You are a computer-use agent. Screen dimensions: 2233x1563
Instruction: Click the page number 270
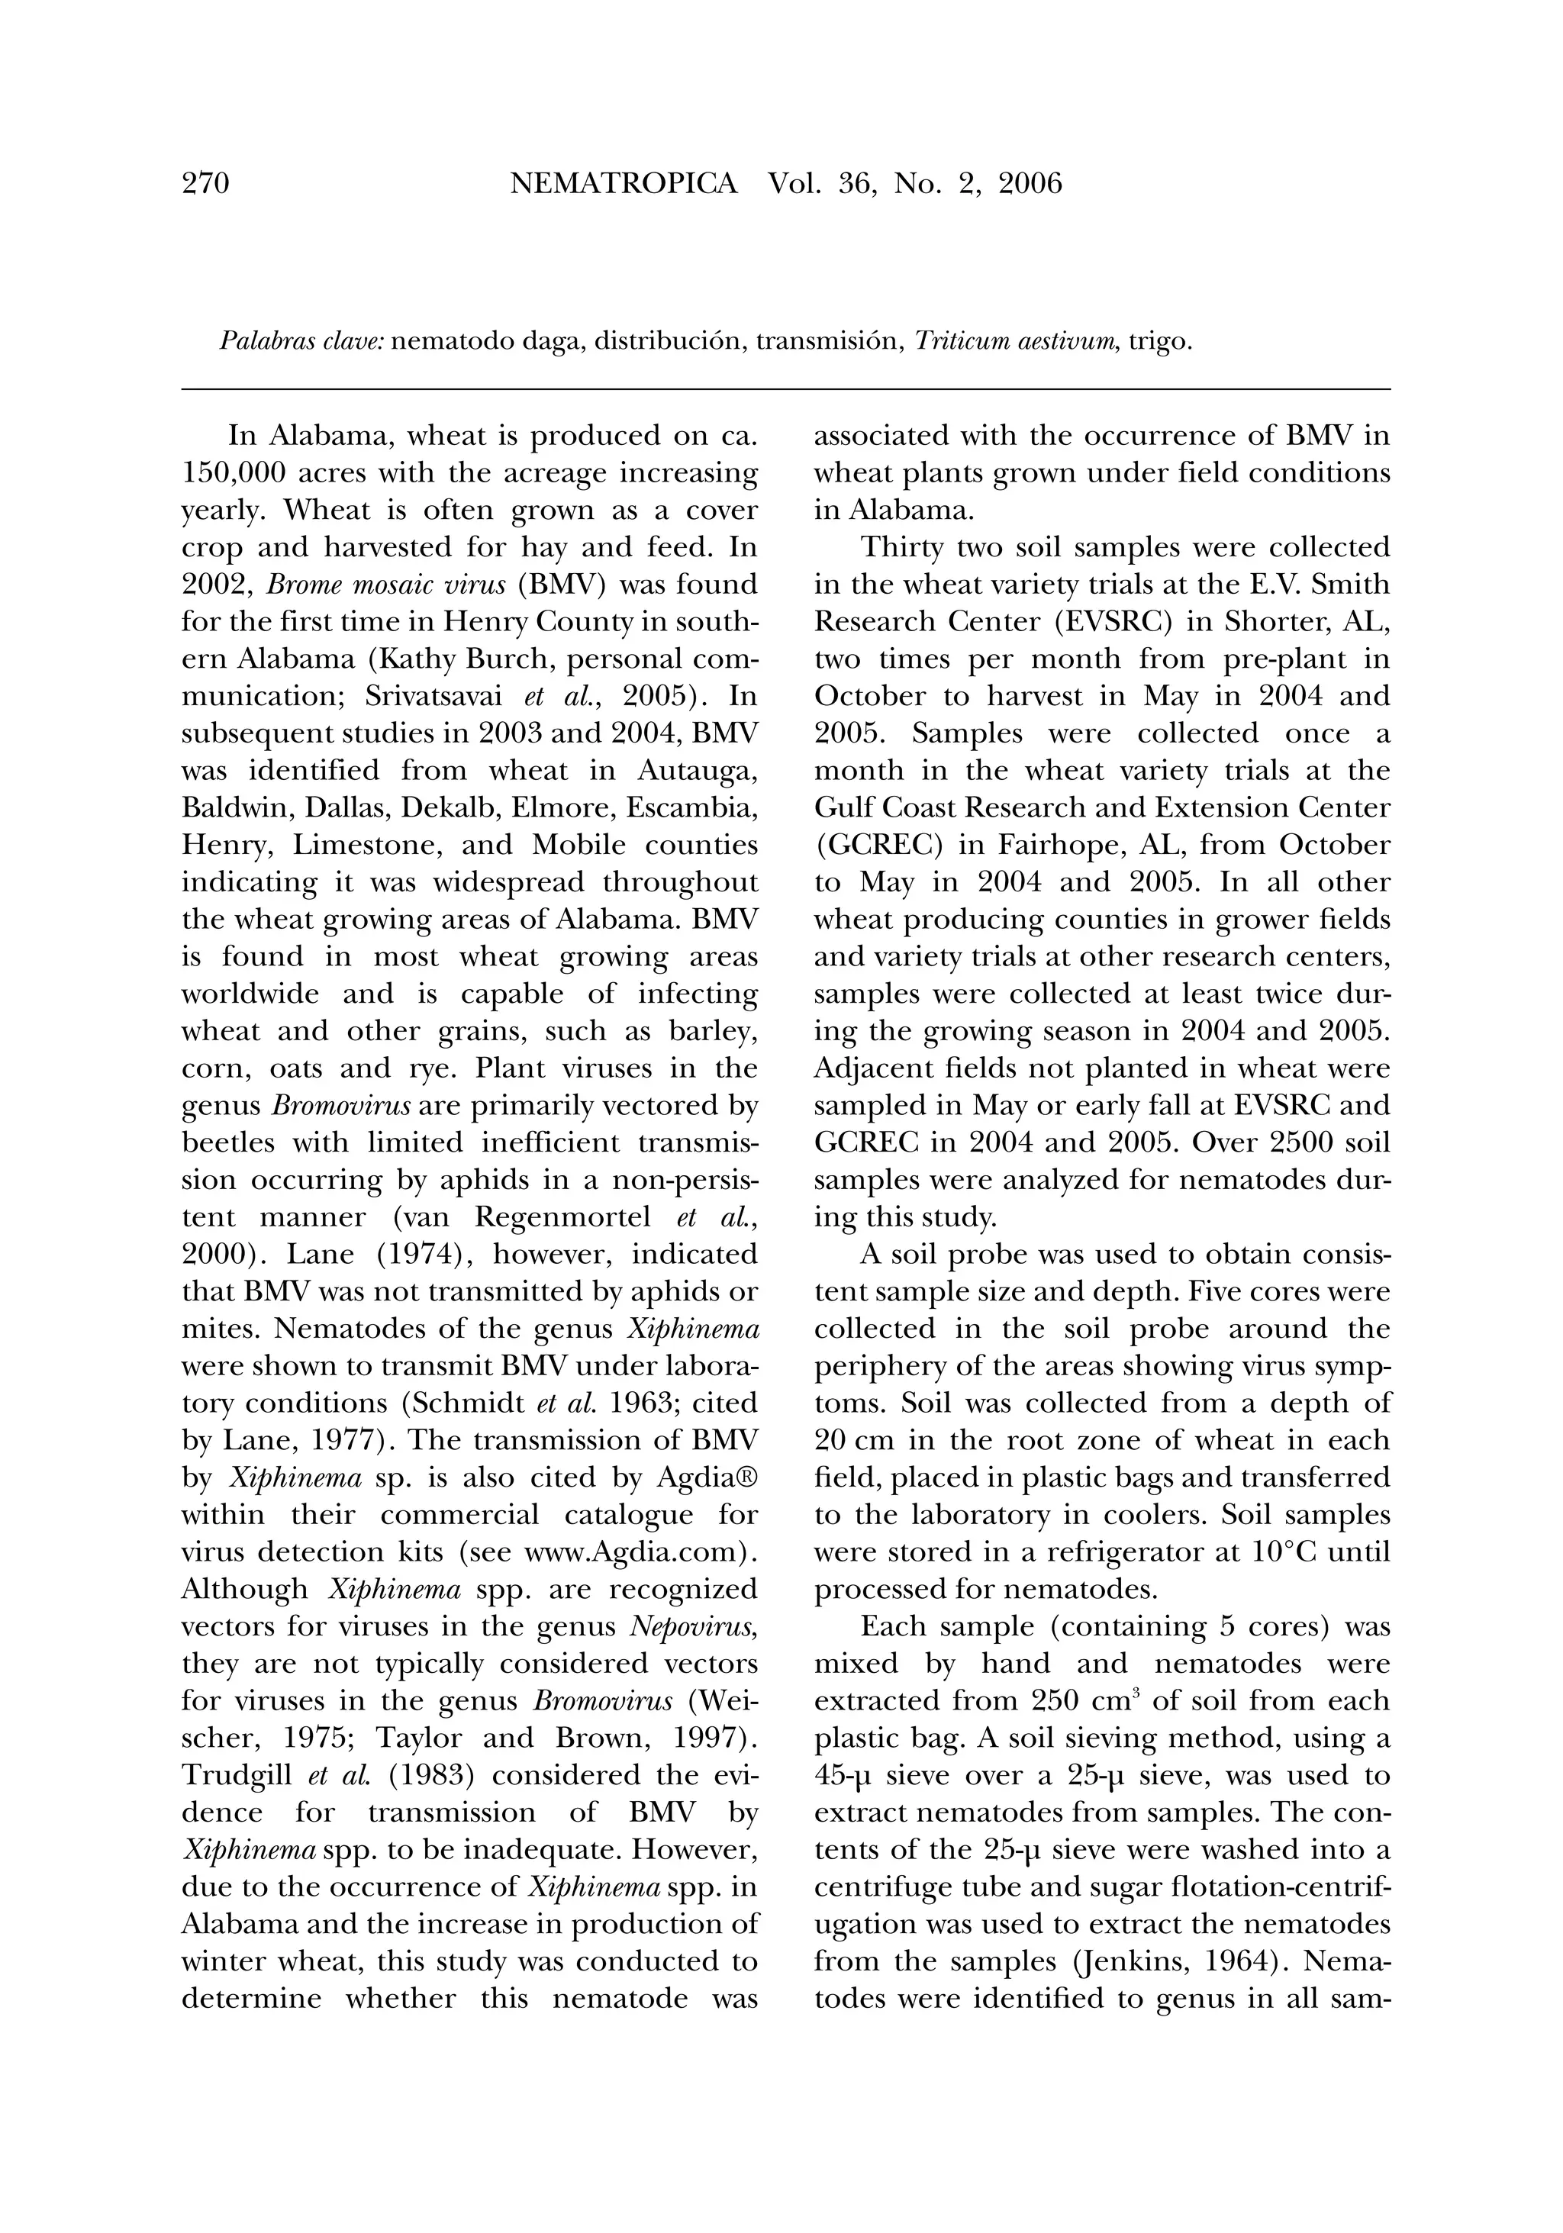(x=205, y=183)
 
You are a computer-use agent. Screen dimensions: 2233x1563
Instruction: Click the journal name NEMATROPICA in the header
(x=624, y=183)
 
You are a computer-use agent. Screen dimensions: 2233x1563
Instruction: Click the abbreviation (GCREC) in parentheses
(x=878, y=845)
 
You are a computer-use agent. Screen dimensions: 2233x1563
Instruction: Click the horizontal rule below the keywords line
(x=786, y=390)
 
